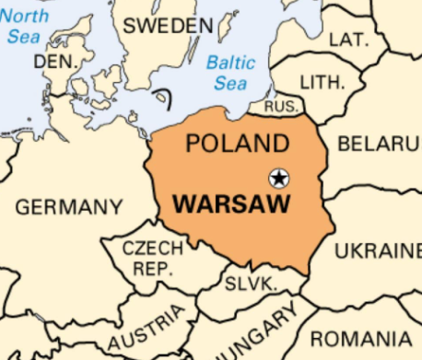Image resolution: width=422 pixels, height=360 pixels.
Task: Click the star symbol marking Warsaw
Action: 278,178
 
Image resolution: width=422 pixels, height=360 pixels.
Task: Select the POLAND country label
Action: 237,144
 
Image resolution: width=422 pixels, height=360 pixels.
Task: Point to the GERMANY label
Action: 68,207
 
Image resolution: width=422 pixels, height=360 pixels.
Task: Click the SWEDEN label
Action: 167,26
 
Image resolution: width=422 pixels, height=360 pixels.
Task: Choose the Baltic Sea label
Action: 229,73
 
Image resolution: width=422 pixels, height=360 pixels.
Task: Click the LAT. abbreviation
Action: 347,40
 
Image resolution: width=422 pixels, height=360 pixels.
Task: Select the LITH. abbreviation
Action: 322,82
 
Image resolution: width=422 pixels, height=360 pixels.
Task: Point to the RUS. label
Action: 280,108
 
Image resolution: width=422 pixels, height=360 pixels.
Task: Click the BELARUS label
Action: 379,144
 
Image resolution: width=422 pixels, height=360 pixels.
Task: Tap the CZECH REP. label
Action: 152,258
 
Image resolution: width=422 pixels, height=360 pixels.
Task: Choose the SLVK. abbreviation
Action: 251,284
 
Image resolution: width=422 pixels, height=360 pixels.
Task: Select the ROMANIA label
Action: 365,338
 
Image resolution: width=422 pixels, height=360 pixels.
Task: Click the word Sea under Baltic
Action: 230,84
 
